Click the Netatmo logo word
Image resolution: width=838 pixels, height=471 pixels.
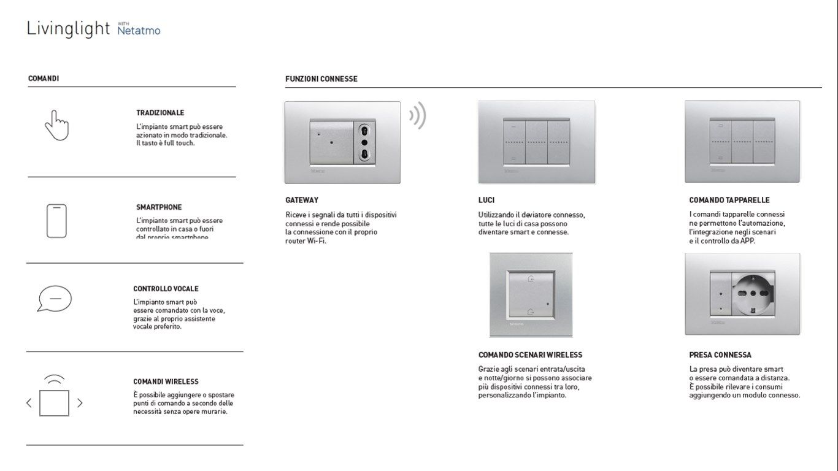click(x=139, y=30)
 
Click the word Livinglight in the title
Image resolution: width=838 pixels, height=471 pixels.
click(x=68, y=29)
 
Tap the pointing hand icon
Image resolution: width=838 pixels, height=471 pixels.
click(x=56, y=125)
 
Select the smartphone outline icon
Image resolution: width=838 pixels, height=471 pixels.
click(x=56, y=221)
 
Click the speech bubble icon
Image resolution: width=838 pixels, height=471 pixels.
click(x=55, y=299)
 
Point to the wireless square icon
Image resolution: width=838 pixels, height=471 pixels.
click(x=54, y=403)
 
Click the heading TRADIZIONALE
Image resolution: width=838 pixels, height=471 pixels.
click(x=160, y=113)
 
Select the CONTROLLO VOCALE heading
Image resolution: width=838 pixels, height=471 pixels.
click(x=166, y=289)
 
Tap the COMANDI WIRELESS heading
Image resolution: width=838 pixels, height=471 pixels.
click(x=166, y=381)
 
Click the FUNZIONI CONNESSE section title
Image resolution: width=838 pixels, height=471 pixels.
click(x=321, y=79)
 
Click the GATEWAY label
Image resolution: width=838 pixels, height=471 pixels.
click(x=302, y=200)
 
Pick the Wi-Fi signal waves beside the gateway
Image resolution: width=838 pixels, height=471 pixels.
click(x=418, y=115)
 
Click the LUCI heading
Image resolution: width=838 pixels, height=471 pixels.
click(x=486, y=200)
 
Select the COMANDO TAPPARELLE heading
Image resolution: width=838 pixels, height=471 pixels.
click(x=729, y=200)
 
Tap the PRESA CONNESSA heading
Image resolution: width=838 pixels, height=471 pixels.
click(x=720, y=355)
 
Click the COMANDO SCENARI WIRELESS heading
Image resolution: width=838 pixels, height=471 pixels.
click(x=530, y=355)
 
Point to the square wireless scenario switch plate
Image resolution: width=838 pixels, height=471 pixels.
click(x=531, y=295)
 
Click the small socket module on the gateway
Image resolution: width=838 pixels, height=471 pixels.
click(x=365, y=142)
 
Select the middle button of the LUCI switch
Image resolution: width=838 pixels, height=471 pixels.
click(x=536, y=142)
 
